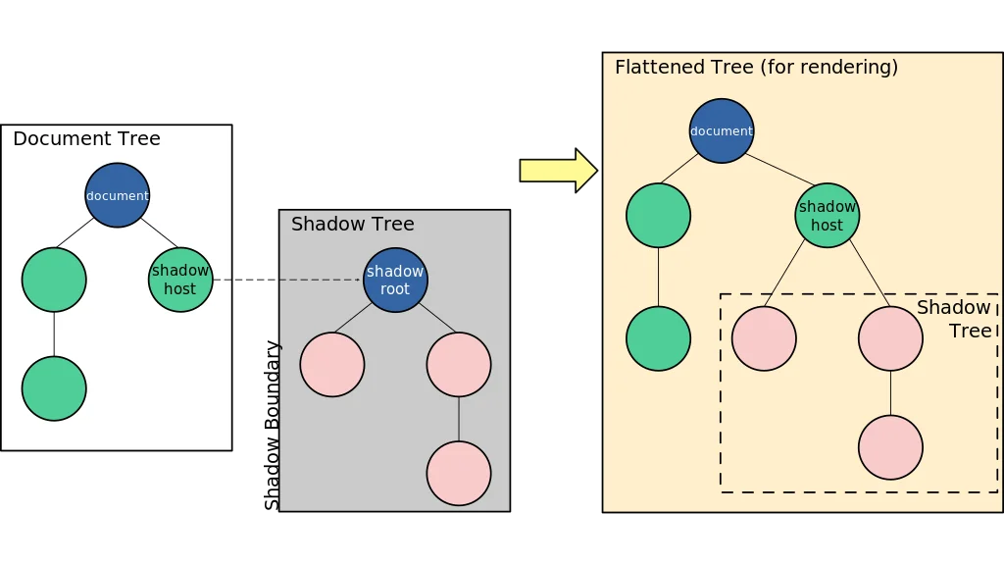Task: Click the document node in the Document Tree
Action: pyautogui.click(x=118, y=195)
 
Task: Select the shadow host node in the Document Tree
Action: pyautogui.click(x=180, y=280)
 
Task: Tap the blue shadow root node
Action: pyautogui.click(x=395, y=280)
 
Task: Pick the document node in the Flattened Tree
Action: pyautogui.click(x=722, y=130)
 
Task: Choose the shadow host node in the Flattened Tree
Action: pyautogui.click(x=828, y=216)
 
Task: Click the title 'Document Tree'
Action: pyautogui.click(x=86, y=139)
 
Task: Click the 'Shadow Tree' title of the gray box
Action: pyautogui.click(x=353, y=225)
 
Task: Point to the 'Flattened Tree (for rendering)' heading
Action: pyautogui.click(x=756, y=68)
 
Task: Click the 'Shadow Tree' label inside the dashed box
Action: pyautogui.click(x=955, y=320)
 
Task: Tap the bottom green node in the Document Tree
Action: pyautogui.click(x=54, y=388)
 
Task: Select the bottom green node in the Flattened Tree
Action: pyautogui.click(x=658, y=338)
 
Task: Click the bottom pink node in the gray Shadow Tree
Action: pyautogui.click(x=459, y=473)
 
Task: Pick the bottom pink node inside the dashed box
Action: pyautogui.click(x=890, y=447)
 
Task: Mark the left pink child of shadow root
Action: pyautogui.click(x=332, y=364)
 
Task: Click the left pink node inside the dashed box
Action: pyautogui.click(x=764, y=338)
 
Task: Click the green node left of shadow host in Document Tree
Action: pyautogui.click(x=54, y=280)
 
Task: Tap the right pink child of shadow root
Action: pyautogui.click(x=459, y=364)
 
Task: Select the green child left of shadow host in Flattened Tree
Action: pyautogui.click(x=658, y=216)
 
